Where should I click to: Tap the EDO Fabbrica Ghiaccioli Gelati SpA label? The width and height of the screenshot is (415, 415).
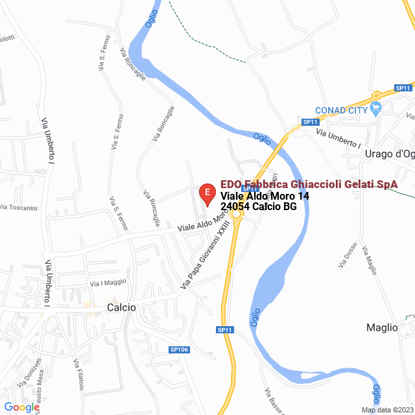point(309,185)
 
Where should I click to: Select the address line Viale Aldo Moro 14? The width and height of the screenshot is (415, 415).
point(265,196)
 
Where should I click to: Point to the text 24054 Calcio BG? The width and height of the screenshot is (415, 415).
point(259,207)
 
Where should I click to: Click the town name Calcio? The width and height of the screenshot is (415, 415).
point(121,307)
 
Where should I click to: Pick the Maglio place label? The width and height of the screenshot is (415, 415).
point(382,327)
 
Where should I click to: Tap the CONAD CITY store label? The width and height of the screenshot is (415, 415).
point(341,110)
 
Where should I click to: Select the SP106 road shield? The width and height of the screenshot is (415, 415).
point(179,350)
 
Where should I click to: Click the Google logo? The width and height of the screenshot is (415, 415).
point(21,407)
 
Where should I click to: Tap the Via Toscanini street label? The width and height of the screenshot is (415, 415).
point(19,207)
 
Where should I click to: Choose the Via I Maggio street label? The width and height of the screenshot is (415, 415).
point(108,282)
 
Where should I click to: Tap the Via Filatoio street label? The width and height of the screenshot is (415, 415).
point(78,375)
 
